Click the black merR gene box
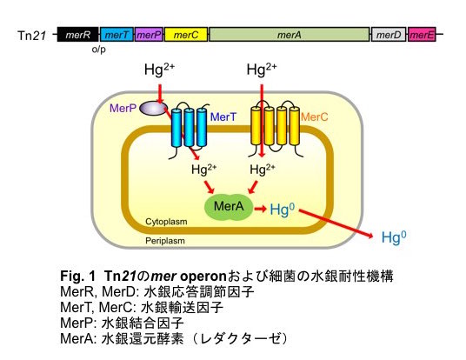pyautogui.click(x=78, y=35)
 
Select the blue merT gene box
pyautogui.click(x=116, y=35)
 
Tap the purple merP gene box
pyautogui.click(x=149, y=35)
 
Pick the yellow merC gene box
pyautogui.click(x=186, y=35)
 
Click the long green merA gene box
pyautogui.click(x=290, y=35)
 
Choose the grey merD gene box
pyautogui.click(x=389, y=35)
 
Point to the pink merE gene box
pyautogui.click(x=422, y=35)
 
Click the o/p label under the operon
pyautogui.click(x=98, y=50)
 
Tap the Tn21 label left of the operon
pyautogui.click(x=32, y=36)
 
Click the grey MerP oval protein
pyautogui.click(x=153, y=108)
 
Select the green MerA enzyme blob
pyautogui.click(x=229, y=207)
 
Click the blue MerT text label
pyautogui.click(x=223, y=117)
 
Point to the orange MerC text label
pyautogui.click(x=315, y=117)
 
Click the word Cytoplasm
pyautogui.click(x=166, y=222)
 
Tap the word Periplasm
pyautogui.click(x=165, y=241)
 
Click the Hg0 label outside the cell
pyautogui.click(x=394, y=237)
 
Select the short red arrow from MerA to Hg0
pyautogui.click(x=260, y=209)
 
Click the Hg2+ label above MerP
pyautogui.click(x=159, y=70)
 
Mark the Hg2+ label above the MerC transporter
pyautogui.click(x=262, y=70)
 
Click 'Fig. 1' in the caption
pyautogui.click(x=78, y=277)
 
